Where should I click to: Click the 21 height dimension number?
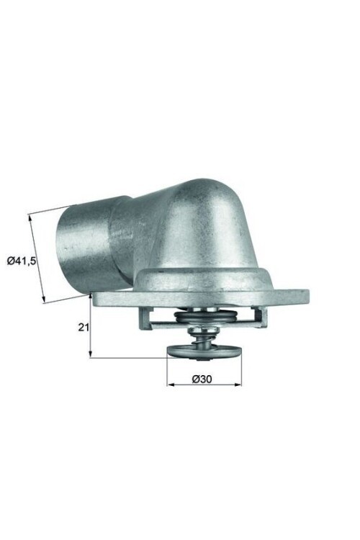click(x=83, y=326)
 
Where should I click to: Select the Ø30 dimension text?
click(x=203, y=377)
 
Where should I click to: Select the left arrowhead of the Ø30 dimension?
click(x=170, y=384)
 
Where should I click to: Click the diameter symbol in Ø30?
click(x=195, y=377)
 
